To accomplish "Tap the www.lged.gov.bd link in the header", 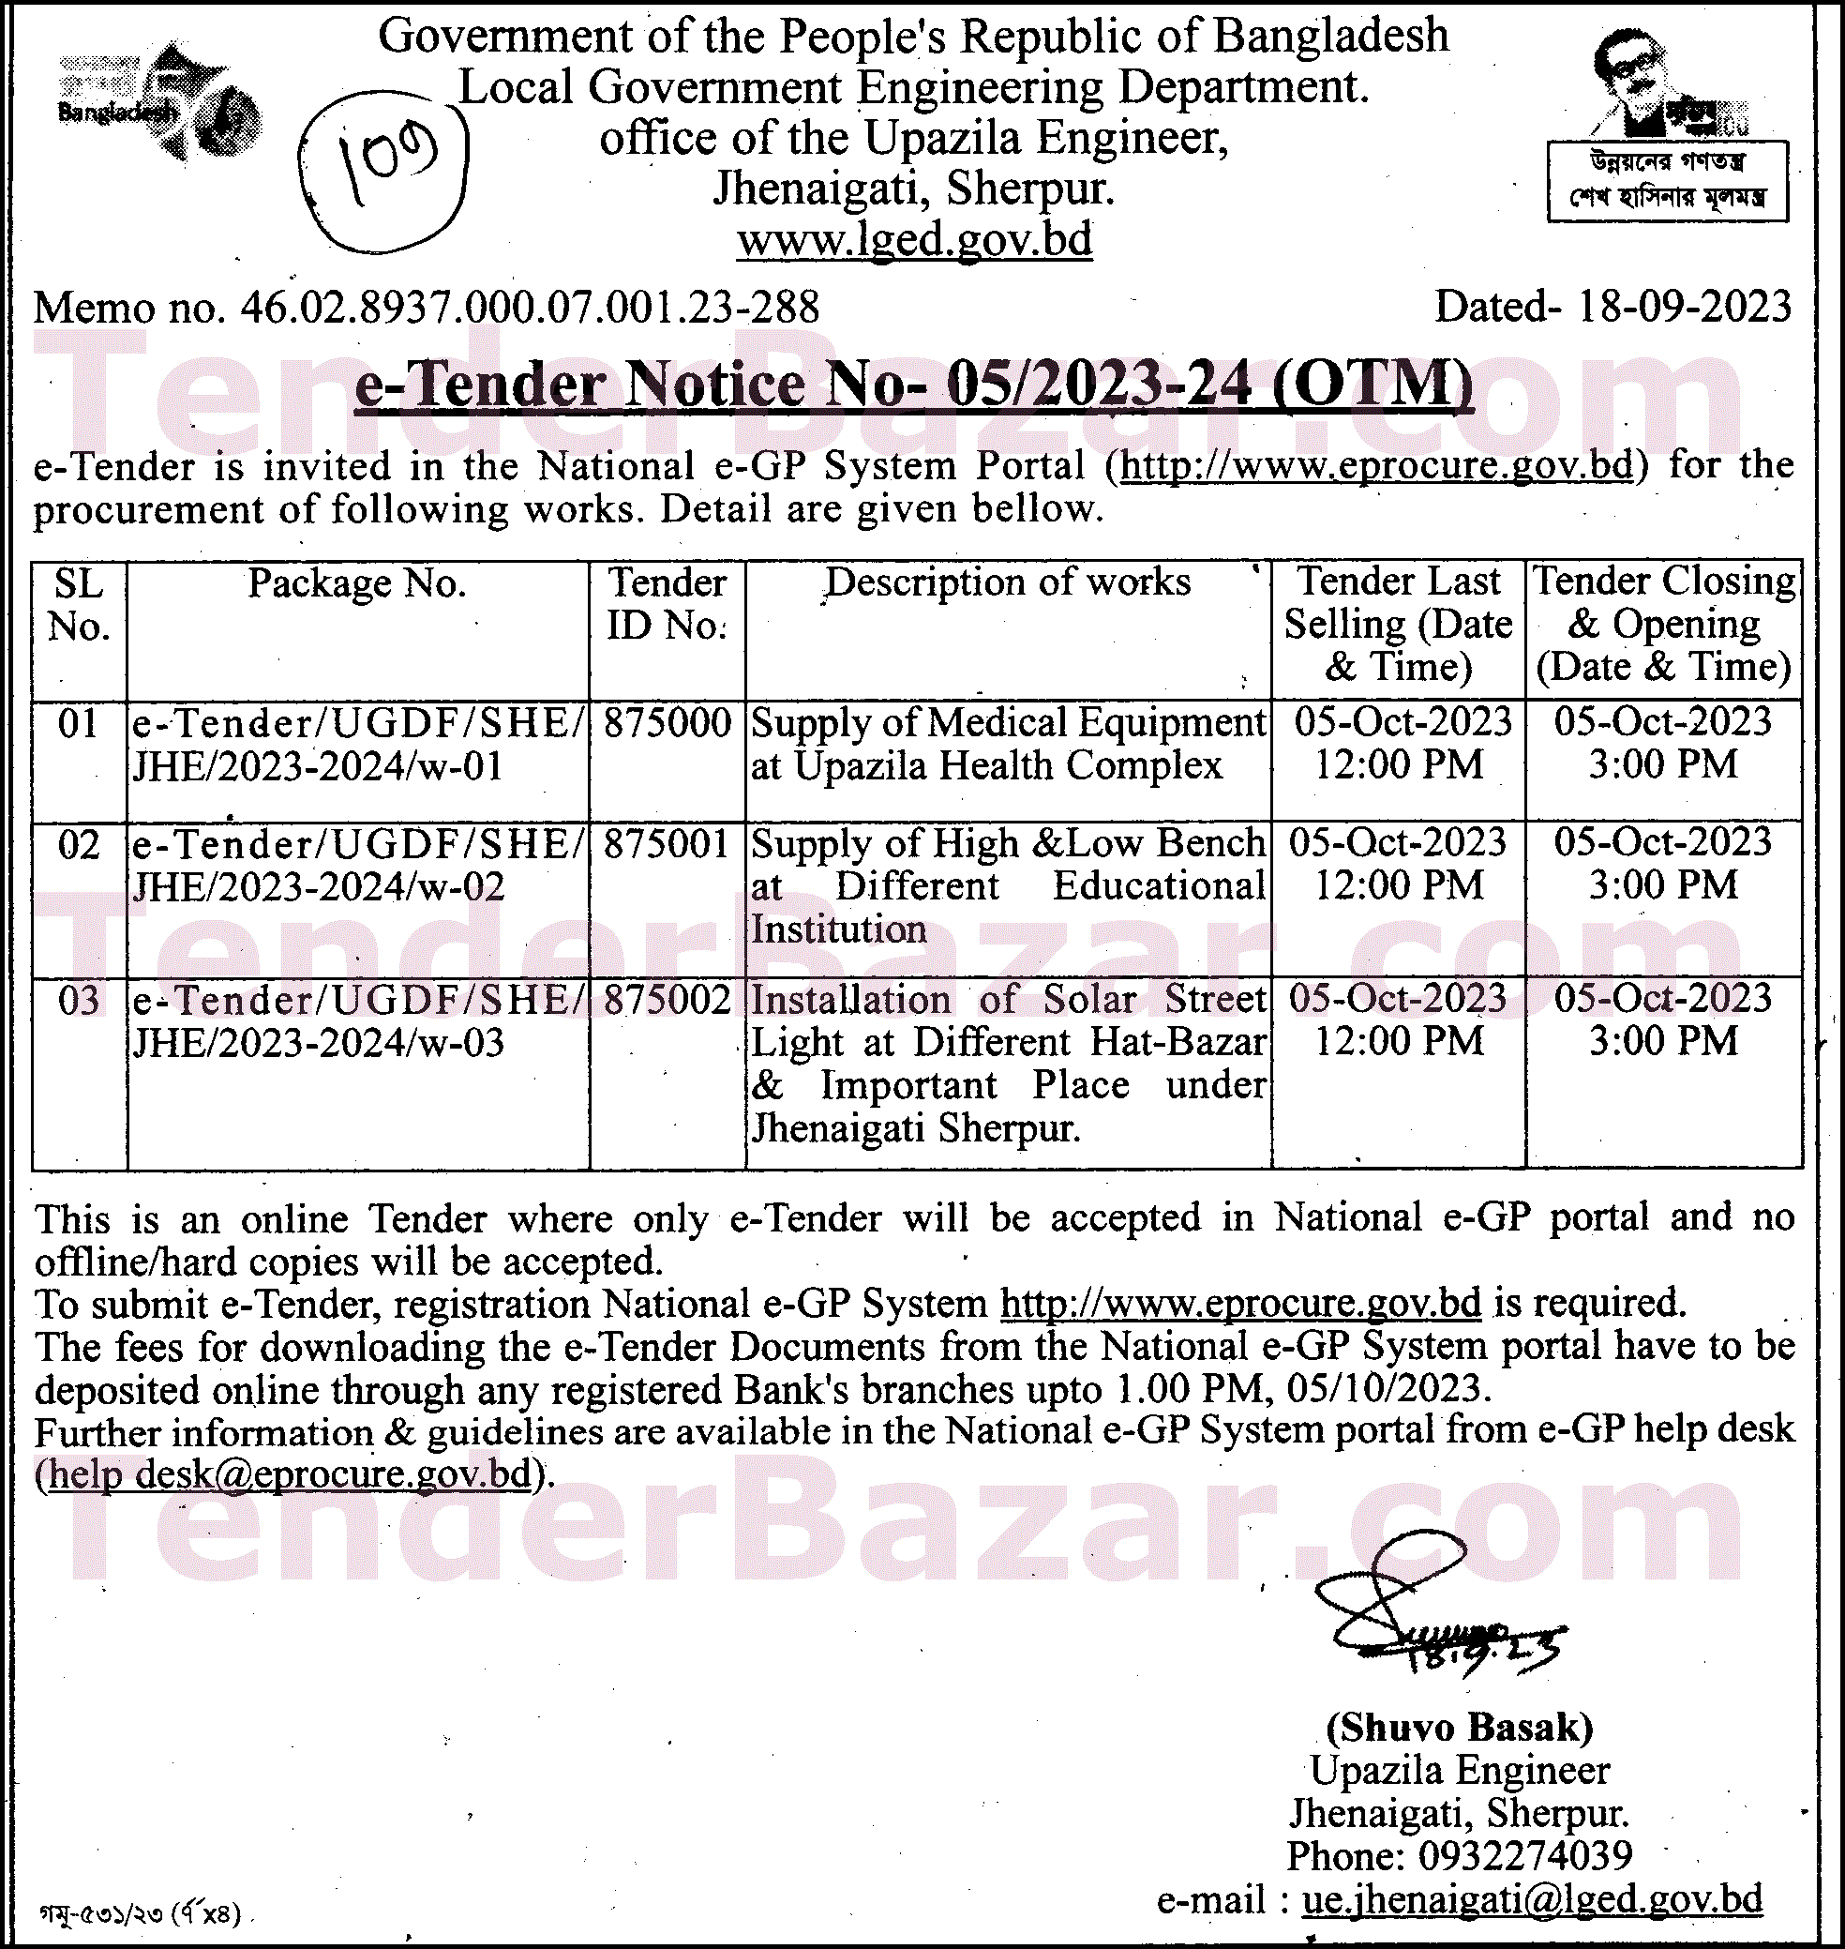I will [x=915, y=239].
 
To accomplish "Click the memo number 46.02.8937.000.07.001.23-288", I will [x=528, y=308].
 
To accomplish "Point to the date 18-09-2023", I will [x=1685, y=307].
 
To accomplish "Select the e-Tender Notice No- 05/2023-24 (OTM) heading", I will [x=914, y=384].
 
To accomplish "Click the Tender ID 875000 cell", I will [x=667, y=724].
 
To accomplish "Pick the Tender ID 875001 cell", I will [x=667, y=845].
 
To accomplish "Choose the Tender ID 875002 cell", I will [x=667, y=1001].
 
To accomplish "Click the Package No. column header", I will [x=357, y=583].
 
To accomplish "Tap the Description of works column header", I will [x=1007, y=582].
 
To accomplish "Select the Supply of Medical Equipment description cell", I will [x=1007, y=745].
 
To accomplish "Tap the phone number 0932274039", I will [x=1524, y=1856].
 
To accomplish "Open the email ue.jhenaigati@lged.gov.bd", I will [x=1531, y=1900].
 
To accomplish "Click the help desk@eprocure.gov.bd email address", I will [x=290, y=1473].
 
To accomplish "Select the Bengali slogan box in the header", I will [x=1667, y=181].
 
